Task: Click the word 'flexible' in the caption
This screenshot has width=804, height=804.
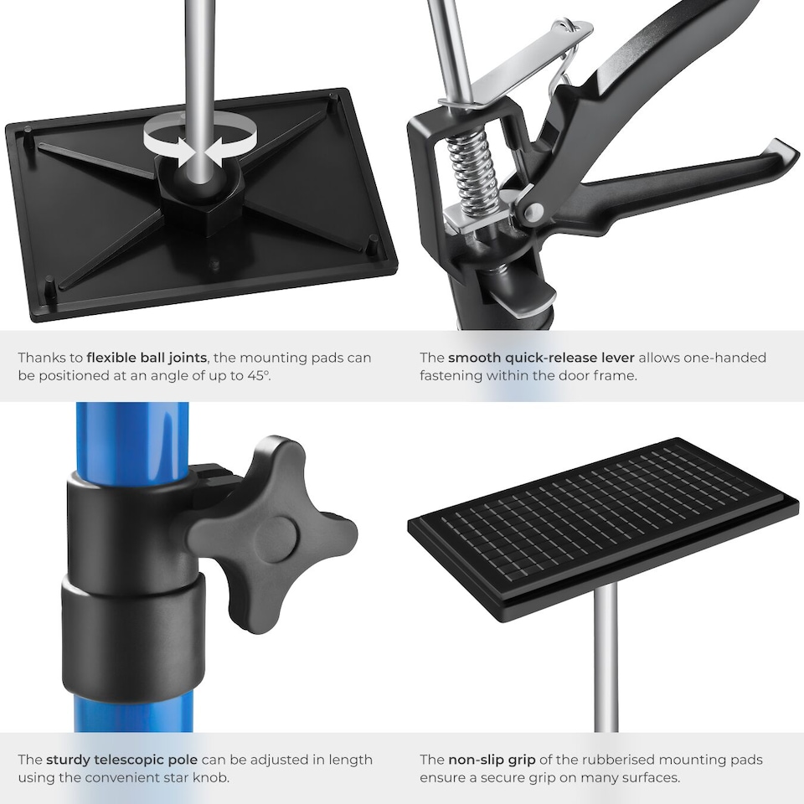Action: [119, 358]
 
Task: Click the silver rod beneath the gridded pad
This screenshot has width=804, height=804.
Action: [606, 662]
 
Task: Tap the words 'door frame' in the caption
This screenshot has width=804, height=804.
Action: [600, 375]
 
